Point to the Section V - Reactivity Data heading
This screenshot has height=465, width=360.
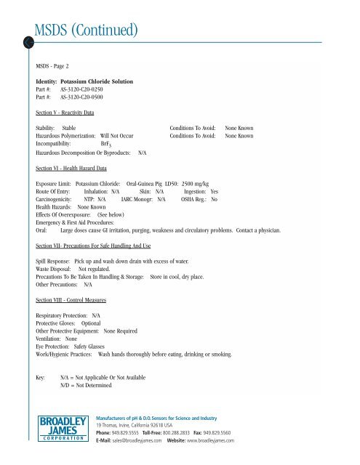tap(69, 114)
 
